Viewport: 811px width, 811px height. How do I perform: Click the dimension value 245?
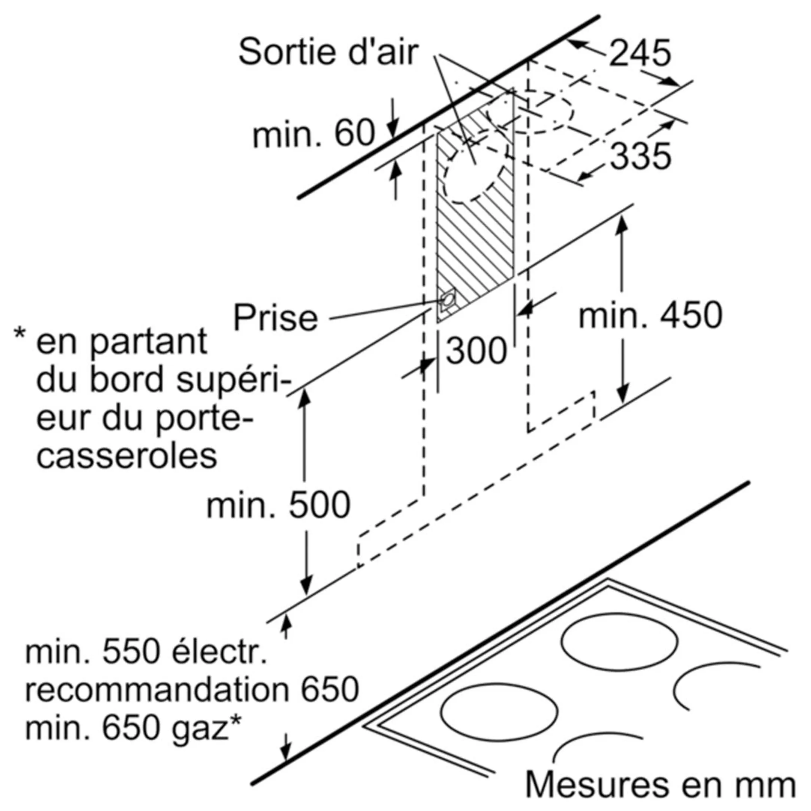(x=640, y=53)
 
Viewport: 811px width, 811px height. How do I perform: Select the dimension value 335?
(x=640, y=156)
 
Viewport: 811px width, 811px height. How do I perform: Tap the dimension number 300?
(x=476, y=351)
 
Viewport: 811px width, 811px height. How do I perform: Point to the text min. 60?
(x=314, y=134)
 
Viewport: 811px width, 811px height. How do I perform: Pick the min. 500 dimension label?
(x=278, y=505)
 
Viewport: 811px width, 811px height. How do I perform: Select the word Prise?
(x=275, y=318)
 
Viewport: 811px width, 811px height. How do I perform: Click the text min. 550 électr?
(x=146, y=652)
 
